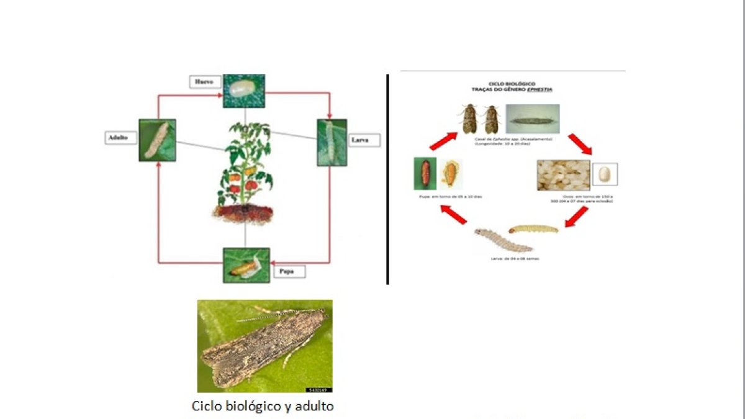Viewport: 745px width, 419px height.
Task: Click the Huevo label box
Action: pyautogui.click(x=204, y=81)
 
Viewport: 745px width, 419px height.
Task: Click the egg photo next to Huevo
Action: pyautogui.click(x=244, y=91)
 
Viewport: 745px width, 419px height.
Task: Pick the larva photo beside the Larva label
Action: pyautogui.click(x=332, y=142)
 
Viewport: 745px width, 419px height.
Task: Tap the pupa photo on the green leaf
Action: pyautogui.click(x=246, y=265)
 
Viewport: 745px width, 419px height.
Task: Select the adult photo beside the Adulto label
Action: pyautogui.click(x=157, y=140)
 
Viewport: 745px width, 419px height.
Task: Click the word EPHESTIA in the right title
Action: pyautogui.click(x=538, y=90)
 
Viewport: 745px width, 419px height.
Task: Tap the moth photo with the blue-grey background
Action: pyautogui.click(x=532, y=119)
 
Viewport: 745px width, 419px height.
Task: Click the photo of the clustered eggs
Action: pyautogui.click(x=563, y=175)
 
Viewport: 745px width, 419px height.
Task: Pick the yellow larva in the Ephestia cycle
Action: pyautogui.click(x=533, y=230)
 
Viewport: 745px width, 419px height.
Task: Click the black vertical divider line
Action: pyautogui.click(x=387, y=180)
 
